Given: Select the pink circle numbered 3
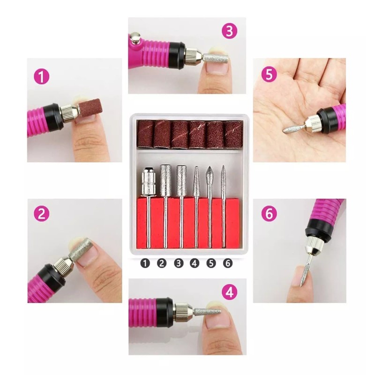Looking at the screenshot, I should pyautogui.click(x=229, y=31).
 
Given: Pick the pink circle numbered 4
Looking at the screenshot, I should pyautogui.click(x=229, y=293).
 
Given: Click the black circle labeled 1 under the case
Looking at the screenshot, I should pyautogui.click(x=145, y=263).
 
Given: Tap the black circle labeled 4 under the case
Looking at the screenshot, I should pyautogui.click(x=195, y=263).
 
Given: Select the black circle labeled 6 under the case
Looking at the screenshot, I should pyautogui.click(x=228, y=263).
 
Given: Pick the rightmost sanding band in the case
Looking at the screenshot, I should pyautogui.click(x=233, y=134).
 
